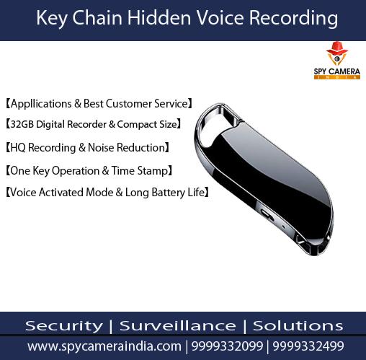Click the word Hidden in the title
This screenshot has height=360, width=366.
(159, 18)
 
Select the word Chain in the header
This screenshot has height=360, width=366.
(97, 18)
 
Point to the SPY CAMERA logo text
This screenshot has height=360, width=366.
(337, 71)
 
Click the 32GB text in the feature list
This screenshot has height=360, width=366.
(22, 124)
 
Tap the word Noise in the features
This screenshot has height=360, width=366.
(101, 147)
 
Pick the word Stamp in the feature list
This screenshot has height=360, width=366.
(152, 171)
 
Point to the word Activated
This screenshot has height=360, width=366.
(61, 193)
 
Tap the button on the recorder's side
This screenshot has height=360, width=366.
(267, 214)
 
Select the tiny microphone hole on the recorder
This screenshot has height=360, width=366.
(284, 227)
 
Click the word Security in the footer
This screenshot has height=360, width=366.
(64, 326)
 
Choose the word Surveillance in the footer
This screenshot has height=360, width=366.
(178, 326)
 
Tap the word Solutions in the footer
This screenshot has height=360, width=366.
(298, 326)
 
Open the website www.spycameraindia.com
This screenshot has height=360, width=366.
(104, 346)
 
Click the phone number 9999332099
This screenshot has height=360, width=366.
(227, 346)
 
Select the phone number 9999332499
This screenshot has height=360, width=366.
(308, 346)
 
